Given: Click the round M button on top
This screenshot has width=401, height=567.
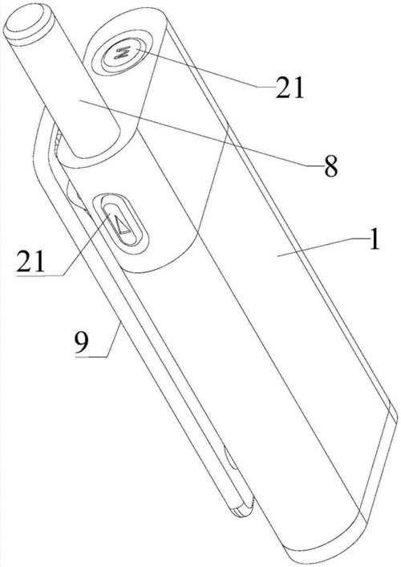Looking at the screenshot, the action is pyautogui.click(x=121, y=54).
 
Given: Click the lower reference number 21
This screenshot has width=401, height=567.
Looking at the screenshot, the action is pyautogui.click(x=30, y=261).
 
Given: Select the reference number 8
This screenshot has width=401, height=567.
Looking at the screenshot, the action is pyautogui.click(x=330, y=166).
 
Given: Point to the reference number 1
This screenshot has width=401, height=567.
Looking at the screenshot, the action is pyautogui.click(x=375, y=240).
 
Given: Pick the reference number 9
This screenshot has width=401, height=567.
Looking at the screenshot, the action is pyautogui.click(x=82, y=341).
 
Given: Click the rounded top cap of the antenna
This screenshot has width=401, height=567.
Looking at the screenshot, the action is pyautogui.click(x=27, y=22).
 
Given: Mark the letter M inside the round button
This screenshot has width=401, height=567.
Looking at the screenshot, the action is pyautogui.click(x=121, y=54).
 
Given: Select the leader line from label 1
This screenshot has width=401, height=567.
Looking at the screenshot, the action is pyautogui.click(x=323, y=247).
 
